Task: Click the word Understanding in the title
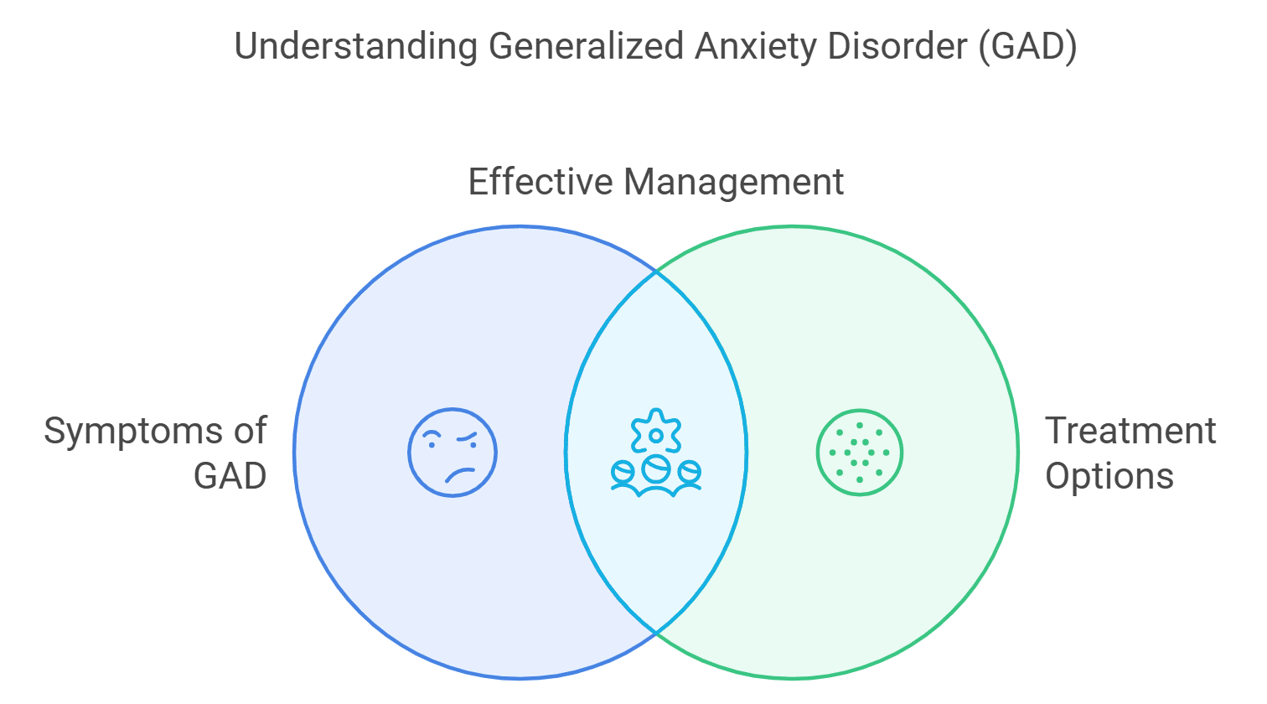click(x=356, y=46)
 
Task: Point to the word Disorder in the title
click(x=897, y=46)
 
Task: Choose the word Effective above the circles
click(x=540, y=182)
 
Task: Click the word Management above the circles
click(x=733, y=182)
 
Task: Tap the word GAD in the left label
click(x=230, y=476)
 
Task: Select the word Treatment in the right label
click(x=1130, y=432)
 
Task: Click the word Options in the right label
click(x=1109, y=476)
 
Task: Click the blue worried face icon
click(x=452, y=453)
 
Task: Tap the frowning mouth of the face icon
click(x=460, y=475)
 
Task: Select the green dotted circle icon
click(x=860, y=453)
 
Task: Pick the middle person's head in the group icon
click(x=656, y=468)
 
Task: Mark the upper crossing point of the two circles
click(x=656, y=272)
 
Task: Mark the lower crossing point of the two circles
click(x=656, y=632)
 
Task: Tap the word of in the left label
click(x=251, y=432)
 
